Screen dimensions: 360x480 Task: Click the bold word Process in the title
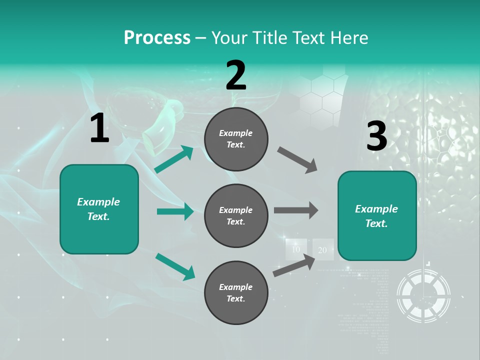click(x=157, y=37)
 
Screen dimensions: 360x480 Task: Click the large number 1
click(x=99, y=128)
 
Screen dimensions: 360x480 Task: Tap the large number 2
click(x=236, y=75)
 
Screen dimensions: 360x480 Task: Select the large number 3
click(x=376, y=136)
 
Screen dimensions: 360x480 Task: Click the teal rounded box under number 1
click(x=99, y=209)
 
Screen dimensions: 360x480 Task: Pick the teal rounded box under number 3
click(x=377, y=215)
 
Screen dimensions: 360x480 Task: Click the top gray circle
click(x=236, y=139)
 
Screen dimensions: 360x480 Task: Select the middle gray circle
click(x=236, y=215)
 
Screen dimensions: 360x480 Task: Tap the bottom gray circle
click(x=236, y=292)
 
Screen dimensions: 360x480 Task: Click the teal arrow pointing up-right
click(x=173, y=159)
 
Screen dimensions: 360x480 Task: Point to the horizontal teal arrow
click(x=175, y=211)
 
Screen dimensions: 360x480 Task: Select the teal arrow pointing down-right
click(x=174, y=266)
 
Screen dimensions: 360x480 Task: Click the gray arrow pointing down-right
click(x=297, y=160)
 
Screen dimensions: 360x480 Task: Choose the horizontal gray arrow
click(x=296, y=210)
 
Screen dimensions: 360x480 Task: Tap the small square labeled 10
click(x=296, y=249)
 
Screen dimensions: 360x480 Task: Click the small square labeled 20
click(x=322, y=249)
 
